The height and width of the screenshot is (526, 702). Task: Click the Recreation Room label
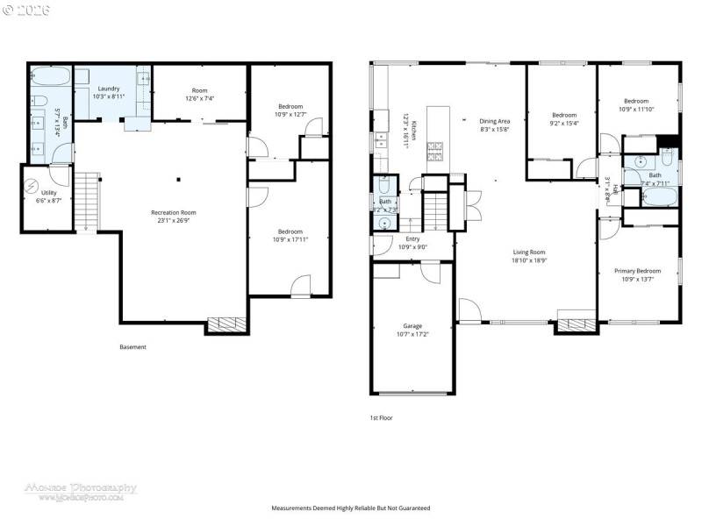point(173,212)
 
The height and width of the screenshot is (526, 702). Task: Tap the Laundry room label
point(109,89)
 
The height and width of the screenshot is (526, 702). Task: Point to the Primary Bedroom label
point(637,271)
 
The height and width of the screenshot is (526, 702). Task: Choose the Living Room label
point(529,252)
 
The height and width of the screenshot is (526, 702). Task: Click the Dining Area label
point(495,121)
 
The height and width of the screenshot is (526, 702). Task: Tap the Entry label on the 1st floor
point(412,238)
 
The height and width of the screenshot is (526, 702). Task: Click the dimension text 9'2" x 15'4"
point(564,123)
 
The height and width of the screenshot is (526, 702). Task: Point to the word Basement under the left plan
point(133,347)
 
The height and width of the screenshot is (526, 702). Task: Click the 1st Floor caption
point(382,418)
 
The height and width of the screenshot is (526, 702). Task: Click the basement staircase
point(83,202)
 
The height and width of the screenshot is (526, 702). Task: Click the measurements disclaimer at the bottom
point(351,508)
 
